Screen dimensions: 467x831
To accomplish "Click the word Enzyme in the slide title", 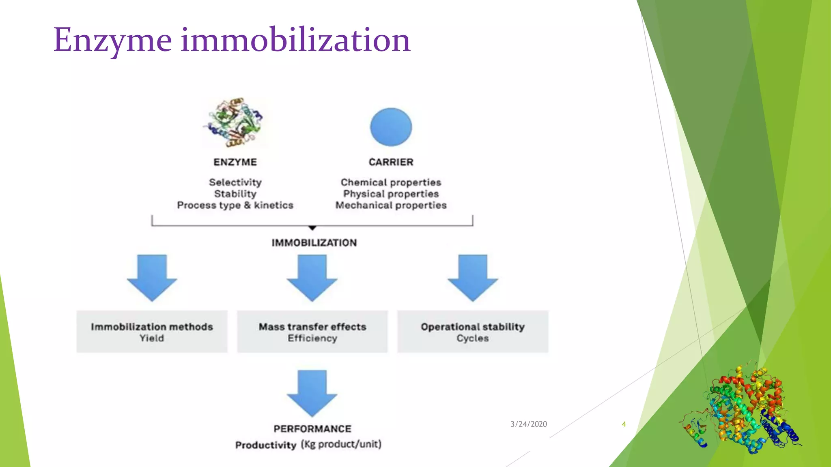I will tap(113, 41).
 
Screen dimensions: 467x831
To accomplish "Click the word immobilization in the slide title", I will tap(295, 41).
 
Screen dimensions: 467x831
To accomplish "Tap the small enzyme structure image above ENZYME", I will tap(234, 122).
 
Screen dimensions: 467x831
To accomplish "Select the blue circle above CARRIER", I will tap(391, 127).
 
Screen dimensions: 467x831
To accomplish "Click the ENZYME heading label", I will tap(235, 162).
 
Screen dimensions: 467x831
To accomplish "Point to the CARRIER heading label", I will tap(391, 162).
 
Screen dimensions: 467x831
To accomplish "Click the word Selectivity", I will tap(235, 182).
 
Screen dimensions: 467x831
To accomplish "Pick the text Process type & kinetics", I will tap(235, 206).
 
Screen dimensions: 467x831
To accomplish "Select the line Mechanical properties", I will tap(391, 206).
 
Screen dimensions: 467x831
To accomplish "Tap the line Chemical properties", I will tap(391, 182).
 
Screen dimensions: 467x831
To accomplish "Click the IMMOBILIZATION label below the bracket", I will tap(314, 243).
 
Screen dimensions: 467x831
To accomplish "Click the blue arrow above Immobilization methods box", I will tap(152, 278).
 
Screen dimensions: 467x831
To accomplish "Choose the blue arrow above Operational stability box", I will tap(473, 278).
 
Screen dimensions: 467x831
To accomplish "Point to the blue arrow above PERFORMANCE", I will tap(312, 392).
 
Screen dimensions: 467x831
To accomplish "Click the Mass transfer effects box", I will tap(312, 332).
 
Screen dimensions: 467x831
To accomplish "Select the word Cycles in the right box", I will tap(472, 338).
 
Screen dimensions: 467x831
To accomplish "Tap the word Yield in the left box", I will tap(152, 338).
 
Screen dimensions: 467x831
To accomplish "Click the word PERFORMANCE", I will tap(312, 429).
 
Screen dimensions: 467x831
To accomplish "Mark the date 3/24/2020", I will tap(528, 424).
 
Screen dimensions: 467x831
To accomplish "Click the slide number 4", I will tap(624, 424).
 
